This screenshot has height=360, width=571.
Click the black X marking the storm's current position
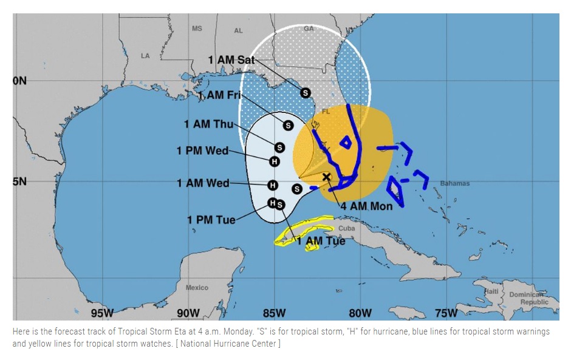pyautogui.click(x=326, y=177)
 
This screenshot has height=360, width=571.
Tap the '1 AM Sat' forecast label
pyautogui.click(x=231, y=59)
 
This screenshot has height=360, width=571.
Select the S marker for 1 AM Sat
pyautogui.click(x=306, y=93)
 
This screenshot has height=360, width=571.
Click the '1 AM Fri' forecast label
pyautogui.click(x=220, y=95)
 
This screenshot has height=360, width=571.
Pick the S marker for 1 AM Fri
pyautogui.click(x=288, y=125)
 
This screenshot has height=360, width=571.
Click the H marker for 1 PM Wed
pyautogui.click(x=275, y=161)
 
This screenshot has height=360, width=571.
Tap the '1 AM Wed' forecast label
pyautogui.click(x=203, y=183)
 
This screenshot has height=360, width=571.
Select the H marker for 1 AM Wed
pyautogui.click(x=273, y=185)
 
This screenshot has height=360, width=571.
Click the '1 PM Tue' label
pyautogui.click(x=211, y=219)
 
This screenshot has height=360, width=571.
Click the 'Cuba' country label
pyautogui.click(x=346, y=229)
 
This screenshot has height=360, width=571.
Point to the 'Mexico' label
pyautogui.click(x=197, y=287)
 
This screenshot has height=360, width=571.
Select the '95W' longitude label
pyautogui.click(x=102, y=313)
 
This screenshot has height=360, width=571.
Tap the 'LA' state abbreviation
pyautogui.click(x=145, y=55)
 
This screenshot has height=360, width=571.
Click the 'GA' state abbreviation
pyautogui.click(x=309, y=29)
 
